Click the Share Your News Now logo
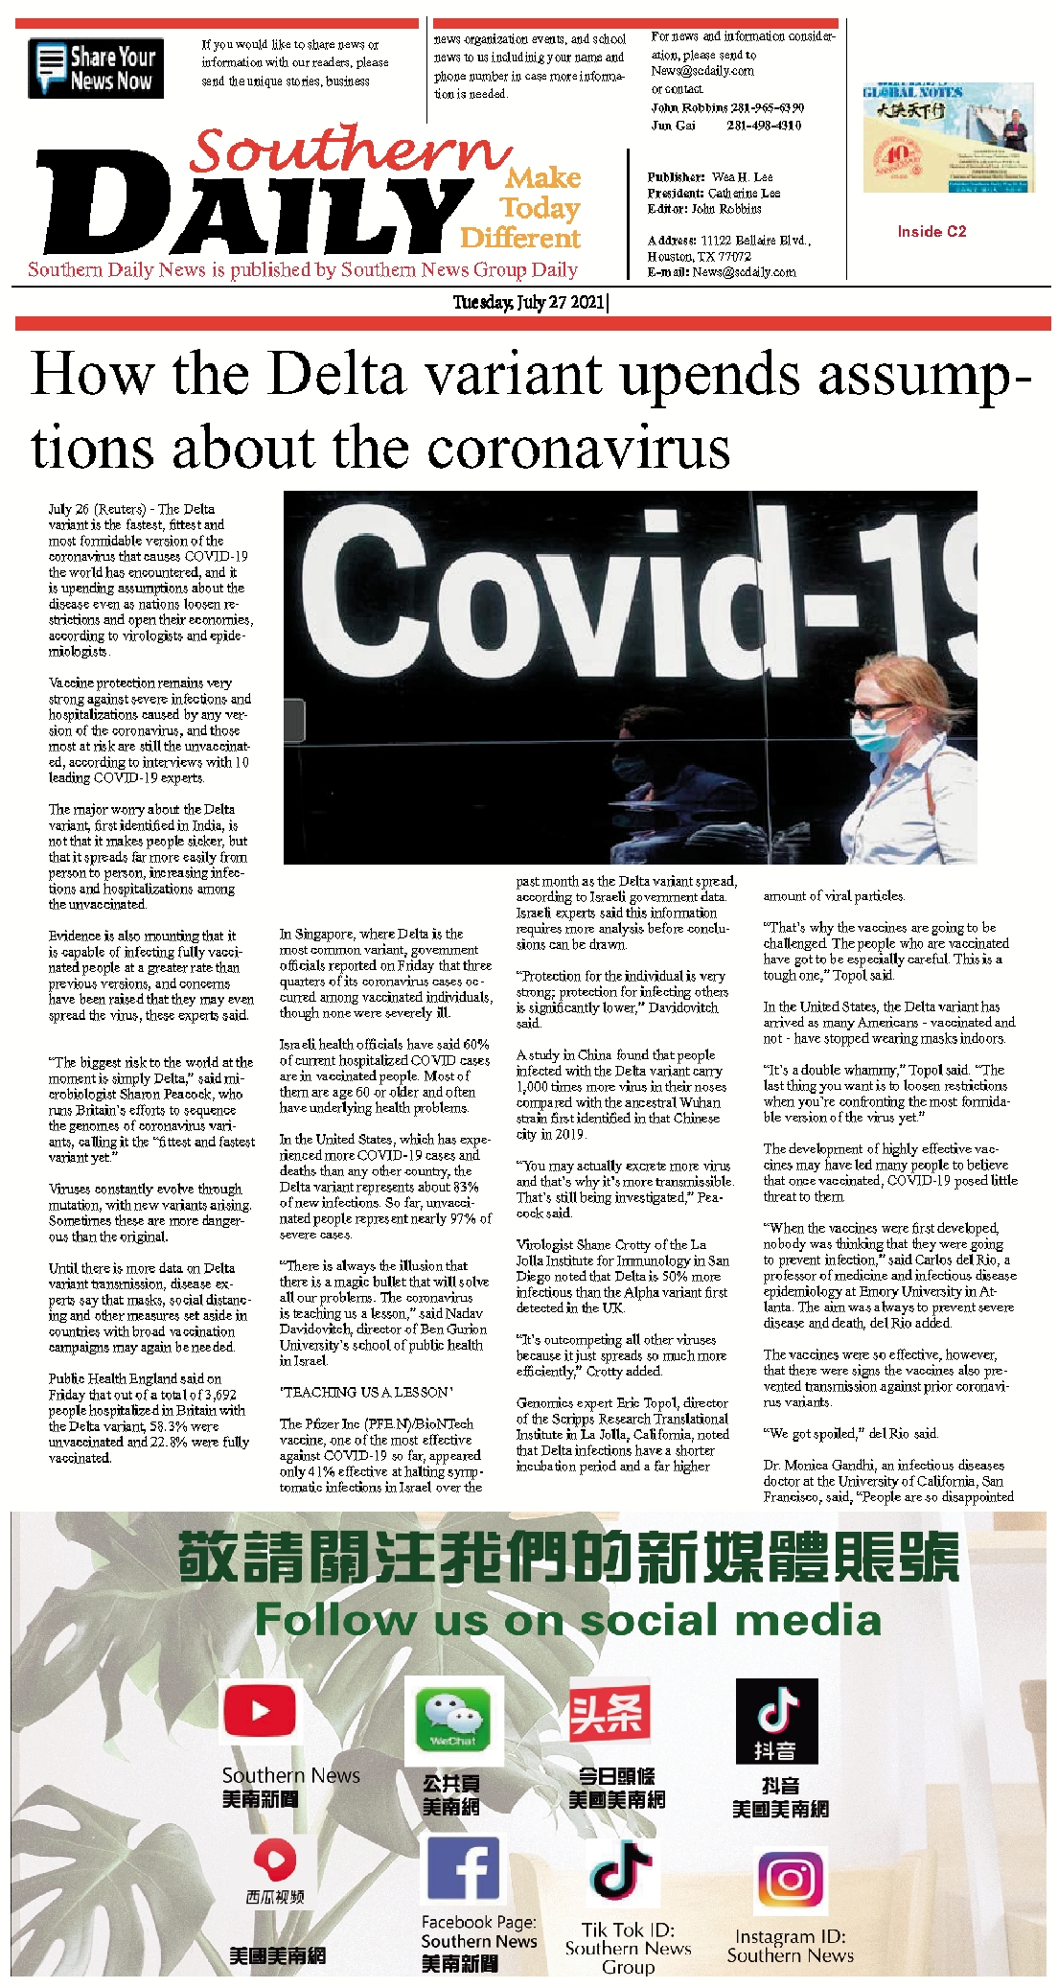[x=96, y=68]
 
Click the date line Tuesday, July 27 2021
[x=529, y=303]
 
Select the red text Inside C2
[x=931, y=231]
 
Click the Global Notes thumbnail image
[x=948, y=138]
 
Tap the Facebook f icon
[x=463, y=1868]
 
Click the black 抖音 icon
[x=776, y=1721]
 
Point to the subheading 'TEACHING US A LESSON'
[x=366, y=1392]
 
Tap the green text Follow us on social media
[x=567, y=1619]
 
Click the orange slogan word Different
[x=520, y=238]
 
